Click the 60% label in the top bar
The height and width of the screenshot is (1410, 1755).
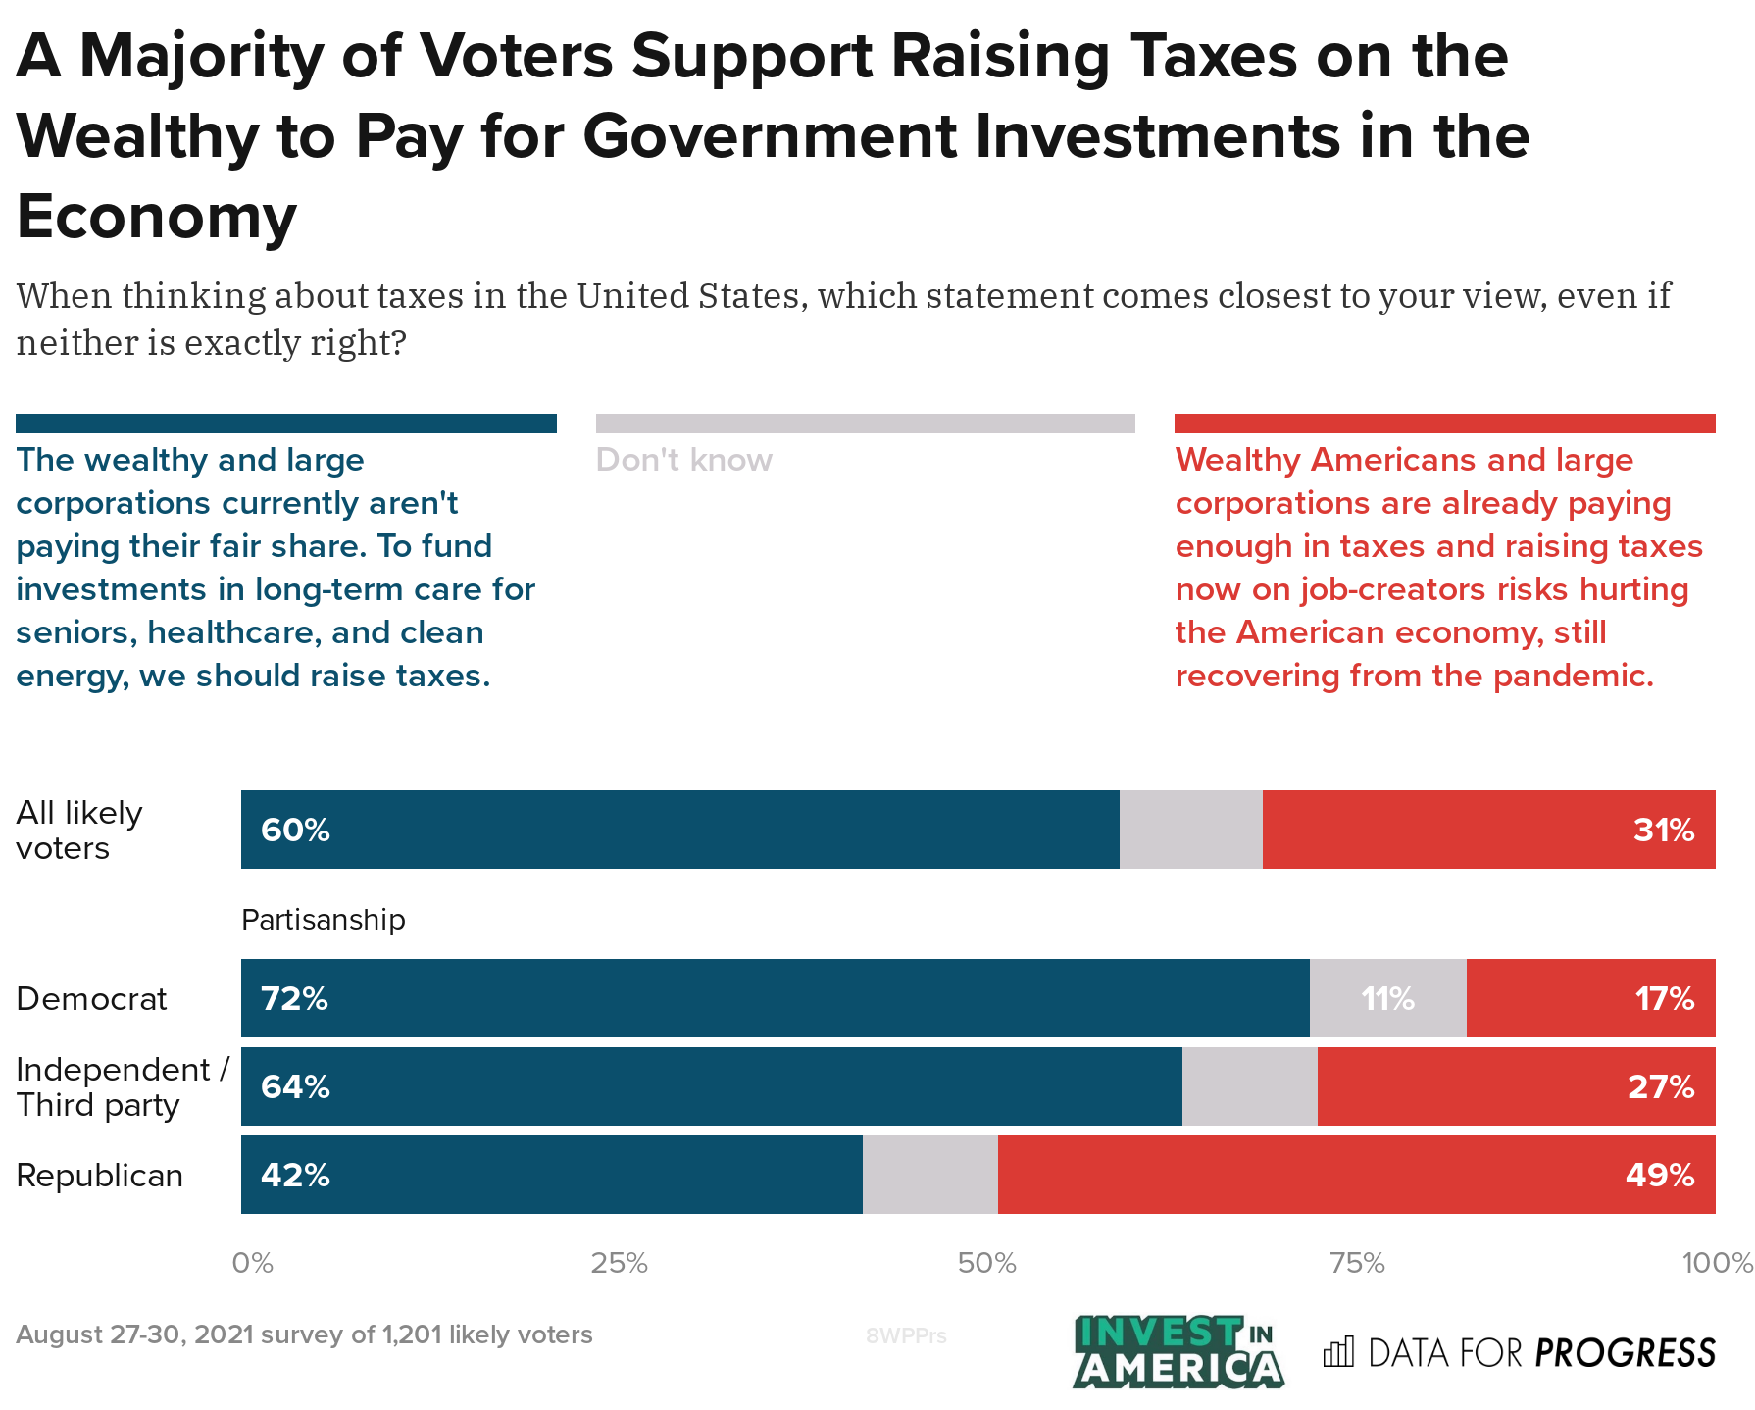click(x=295, y=831)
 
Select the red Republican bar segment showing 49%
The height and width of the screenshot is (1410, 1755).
click(x=1356, y=1175)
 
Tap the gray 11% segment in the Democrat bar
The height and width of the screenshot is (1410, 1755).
click(x=1387, y=999)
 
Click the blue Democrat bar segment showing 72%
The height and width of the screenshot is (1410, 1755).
click(x=775, y=999)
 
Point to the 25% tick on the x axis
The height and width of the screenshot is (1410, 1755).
click(x=619, y=1263)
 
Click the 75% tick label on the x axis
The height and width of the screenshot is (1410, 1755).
click(x=1357, y=1263)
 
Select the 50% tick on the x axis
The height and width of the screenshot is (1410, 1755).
click(x=987, y=1263)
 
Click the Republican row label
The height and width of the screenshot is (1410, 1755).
click(x=100, y=1175)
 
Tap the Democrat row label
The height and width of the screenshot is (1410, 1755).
click(x=92, y=999)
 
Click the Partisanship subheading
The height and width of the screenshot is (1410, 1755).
click(x=324, y=920)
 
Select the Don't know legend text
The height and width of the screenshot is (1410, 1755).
click(x=684, y=460)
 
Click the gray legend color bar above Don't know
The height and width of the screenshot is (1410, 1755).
click(x=865, y=424)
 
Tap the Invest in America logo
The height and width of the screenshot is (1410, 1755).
click(x=1178, y=1352)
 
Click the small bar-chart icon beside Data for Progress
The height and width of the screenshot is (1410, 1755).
click(x=1338, y=1352)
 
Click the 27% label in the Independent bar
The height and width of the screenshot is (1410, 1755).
click(x=1661, y=1086)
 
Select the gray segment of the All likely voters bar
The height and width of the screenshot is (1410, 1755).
click(x=1190, y=831)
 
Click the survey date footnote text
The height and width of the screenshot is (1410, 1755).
click(x=304, y=1334)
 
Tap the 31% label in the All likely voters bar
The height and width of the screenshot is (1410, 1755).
click(x=1664, y=831)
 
